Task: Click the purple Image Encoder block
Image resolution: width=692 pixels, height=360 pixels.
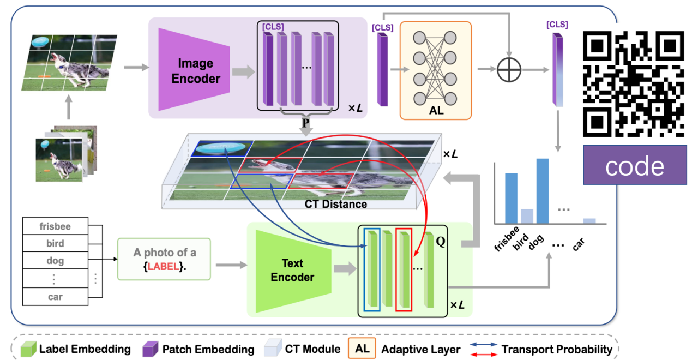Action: pyautogui.click(x=193, y=70)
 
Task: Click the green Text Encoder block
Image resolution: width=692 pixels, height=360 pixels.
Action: pyautogui.click(x=293, y=271)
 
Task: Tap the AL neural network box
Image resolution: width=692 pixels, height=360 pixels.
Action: pyautogui.click(x=435, y=70)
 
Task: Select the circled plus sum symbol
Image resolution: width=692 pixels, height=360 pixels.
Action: pyautogui.click(x=509, y=70)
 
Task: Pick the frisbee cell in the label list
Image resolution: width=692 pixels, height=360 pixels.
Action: pyautogui.click(x=55, y=226)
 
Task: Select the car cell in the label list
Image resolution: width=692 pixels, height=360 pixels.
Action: pyautogui.click(x=55, y=297)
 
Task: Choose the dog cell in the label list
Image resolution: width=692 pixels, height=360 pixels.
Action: pyautogui.click(x=55, y=261)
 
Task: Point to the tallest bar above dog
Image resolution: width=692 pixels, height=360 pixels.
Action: pyautogui.click(x=542, y=191)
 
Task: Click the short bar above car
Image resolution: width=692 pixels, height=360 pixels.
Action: pyautogui.click(x=589, y=221)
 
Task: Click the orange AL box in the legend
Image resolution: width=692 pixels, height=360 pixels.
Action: pyautogui.click(x=363, y=349)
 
